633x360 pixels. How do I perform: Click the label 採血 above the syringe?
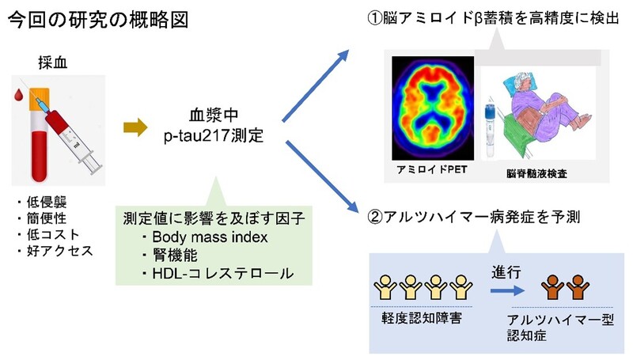[x=52, y=63]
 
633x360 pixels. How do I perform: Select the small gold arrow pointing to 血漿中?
[x=136, y=125]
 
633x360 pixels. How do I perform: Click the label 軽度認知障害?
[x=423, y=317]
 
